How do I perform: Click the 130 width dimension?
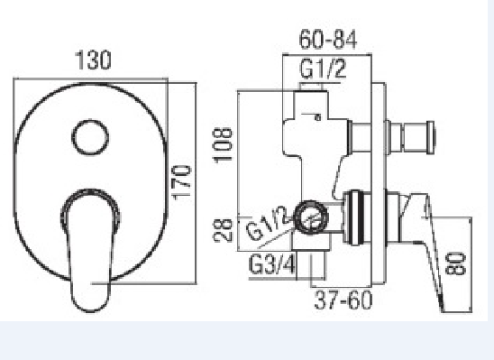coord(93,60)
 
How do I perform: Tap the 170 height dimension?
coord(181,182)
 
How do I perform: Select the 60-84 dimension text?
coord(327,40)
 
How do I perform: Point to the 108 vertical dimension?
coord(224,144)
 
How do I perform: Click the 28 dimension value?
coord(224,230)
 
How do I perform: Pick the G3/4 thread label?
coord(272,264)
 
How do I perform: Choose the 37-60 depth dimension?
coord(343,300)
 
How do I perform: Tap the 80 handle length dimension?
coord(455,263)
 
